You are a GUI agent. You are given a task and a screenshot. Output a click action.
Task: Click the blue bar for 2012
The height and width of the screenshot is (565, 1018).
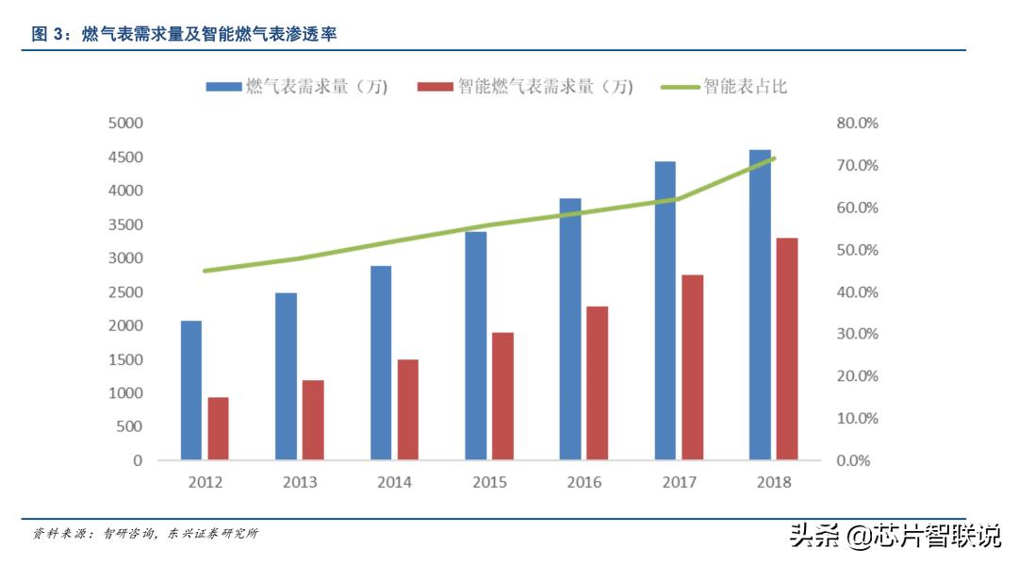tap(191, 391)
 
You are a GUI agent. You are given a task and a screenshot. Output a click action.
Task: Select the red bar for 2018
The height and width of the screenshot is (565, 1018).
tap(787, 349)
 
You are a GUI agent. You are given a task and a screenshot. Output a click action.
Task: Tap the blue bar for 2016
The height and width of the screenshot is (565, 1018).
tap(570, 329)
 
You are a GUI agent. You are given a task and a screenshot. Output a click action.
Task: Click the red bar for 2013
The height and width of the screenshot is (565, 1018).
tap(313, 420)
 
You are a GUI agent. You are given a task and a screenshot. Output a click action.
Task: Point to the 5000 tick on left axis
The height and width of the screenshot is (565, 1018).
tap(124, 123)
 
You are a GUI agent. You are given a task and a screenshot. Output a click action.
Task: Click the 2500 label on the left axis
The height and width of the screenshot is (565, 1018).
tap(124, 291)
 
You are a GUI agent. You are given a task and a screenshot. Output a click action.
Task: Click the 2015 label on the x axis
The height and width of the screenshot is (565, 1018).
tap(489, 483)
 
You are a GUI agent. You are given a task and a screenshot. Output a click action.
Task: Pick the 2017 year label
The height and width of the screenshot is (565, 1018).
tap(679, 483)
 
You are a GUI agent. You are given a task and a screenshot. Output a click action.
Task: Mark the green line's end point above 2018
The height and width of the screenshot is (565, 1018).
tap(774, 158)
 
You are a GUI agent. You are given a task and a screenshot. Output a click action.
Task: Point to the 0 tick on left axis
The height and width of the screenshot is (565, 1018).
tap(138, 460)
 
